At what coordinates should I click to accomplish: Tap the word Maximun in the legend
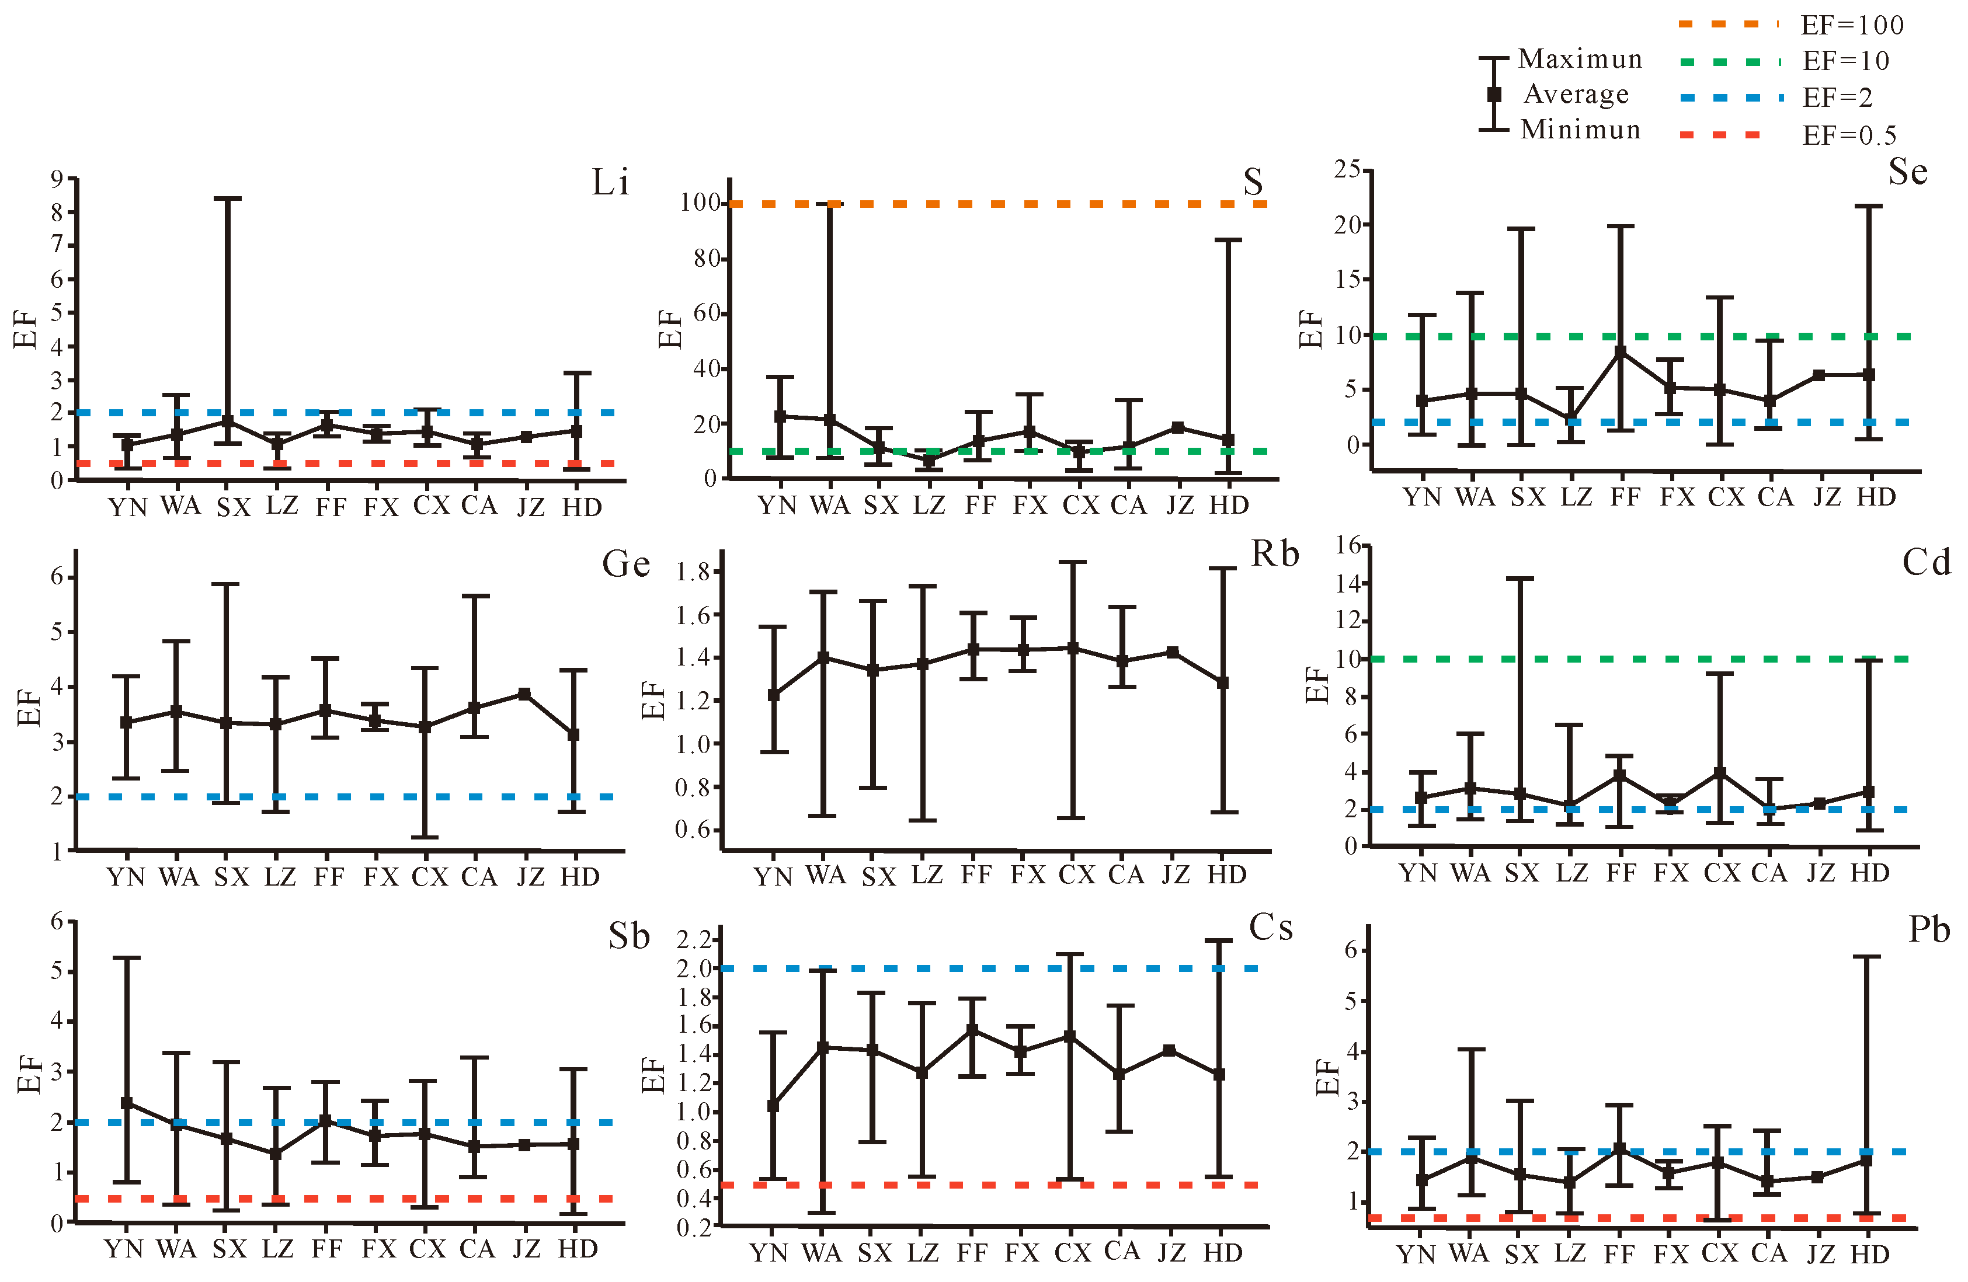(x=1580, y=59)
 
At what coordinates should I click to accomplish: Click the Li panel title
(x=610, y=182)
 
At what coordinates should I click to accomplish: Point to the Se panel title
(x=1908, y=172)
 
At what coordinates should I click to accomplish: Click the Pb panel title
(x=1929, y=929)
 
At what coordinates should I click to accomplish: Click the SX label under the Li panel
(x=233, y=507)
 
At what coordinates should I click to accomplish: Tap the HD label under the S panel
(x=1229, y=504)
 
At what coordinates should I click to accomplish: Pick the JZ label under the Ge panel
(x=531, y=876)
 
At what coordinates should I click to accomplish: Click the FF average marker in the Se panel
(x=1621, y=352)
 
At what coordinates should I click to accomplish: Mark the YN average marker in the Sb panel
(x=127, y=1103)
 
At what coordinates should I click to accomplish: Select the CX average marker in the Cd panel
(x=1720, y=774)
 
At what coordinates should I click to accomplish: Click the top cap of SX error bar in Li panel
(x=227, y=198)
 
